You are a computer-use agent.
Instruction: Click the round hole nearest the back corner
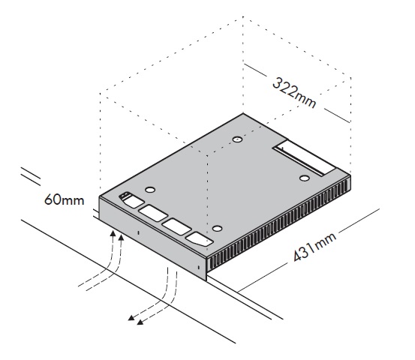tap(237, 139)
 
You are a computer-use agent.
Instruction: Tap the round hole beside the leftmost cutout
tap(150, 190)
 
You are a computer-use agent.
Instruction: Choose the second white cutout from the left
tap(152, 214)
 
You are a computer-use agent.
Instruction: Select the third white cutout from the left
tap(176, 226)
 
